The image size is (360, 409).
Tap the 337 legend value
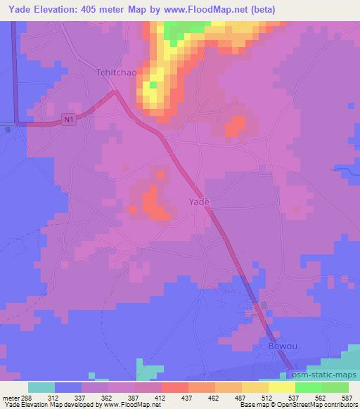82,397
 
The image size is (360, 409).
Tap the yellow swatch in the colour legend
281,387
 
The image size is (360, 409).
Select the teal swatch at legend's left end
41,387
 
